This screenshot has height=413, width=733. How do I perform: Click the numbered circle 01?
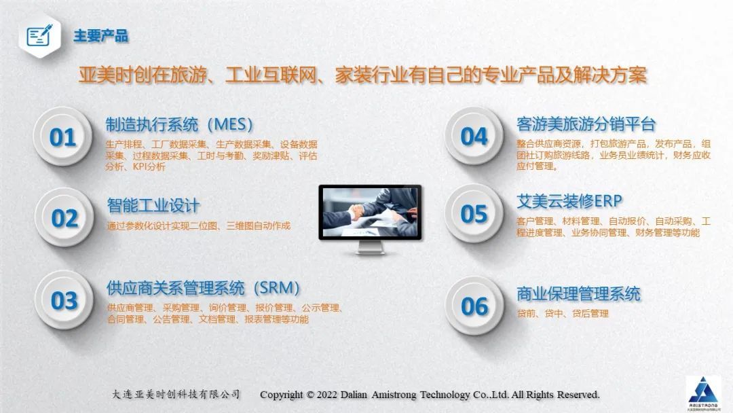click(x=62, y=137)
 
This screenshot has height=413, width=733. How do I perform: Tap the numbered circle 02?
click(x=64, y=218)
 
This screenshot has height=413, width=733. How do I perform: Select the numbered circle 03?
click(x=64, y=300)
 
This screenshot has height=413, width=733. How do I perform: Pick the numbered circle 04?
click(x=474, y=136)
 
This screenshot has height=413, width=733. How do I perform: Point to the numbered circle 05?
click(x=474, y=214)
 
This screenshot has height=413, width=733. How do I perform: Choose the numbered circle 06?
click(x=474, y=306)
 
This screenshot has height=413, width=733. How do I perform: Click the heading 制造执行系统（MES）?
click(x=179, y=125)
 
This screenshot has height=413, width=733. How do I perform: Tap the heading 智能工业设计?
click(x=153, y=205)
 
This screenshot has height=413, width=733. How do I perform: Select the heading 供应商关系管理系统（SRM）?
click(x=203, y=288)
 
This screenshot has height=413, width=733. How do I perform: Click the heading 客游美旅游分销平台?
click(x=586, y=124)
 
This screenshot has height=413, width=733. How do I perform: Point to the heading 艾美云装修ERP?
click(x=569, y=201)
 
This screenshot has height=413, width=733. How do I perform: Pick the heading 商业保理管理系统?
click(x=578, y=293)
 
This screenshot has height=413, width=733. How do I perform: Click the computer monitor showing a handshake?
click(x=371, y=219)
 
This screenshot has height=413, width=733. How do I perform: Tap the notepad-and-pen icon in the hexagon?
click(x=39, y=35)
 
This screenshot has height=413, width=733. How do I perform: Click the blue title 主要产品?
click(x=100, y=35)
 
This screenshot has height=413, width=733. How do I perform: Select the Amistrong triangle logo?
click(x=703, y=392)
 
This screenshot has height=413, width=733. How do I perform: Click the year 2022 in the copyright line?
click(x=327, y=395)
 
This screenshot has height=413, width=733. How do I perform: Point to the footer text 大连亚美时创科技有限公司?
click(x=176, y=394)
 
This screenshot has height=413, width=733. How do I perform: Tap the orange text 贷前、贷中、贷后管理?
click(x=563, y=313)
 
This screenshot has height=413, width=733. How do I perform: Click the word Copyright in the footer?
click(x=282, y=395)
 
